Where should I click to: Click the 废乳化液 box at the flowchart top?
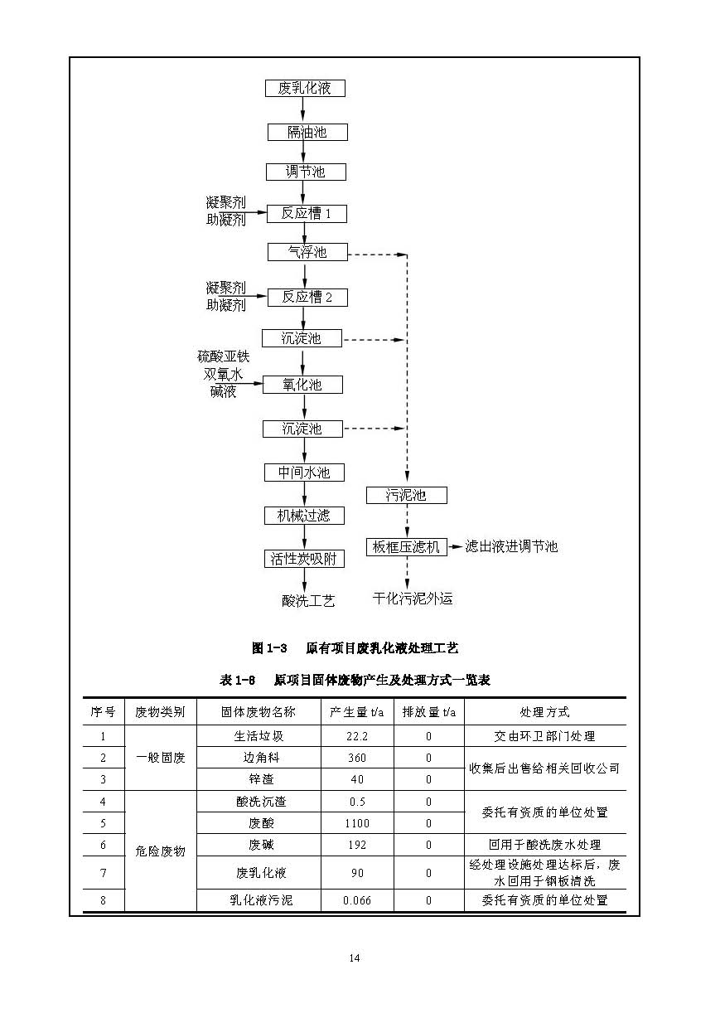click(304, 88)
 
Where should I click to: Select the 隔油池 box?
click(307, 132)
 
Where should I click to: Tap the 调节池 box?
click(305, 172)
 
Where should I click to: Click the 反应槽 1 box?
click(306, 213)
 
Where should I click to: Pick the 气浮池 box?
click(307, 252)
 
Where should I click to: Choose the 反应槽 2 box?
click(306, 297)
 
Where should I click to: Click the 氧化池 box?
click(302, 385)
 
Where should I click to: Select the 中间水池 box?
click(303, 473)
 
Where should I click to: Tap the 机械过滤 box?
click(303, 516)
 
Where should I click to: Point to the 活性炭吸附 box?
click(303, 559)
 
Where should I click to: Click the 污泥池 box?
click(406, 495)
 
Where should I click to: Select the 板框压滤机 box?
click(406, 547)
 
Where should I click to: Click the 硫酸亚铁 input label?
click(222, 356)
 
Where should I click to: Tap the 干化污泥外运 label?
click(413, 599)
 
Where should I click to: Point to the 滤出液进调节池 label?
click(511, 546)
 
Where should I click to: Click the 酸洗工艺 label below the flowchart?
click(308, 601)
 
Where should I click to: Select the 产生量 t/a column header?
click(356, 712)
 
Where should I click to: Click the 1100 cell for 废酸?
click(356, 823)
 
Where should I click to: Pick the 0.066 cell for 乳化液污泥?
click(356, 900)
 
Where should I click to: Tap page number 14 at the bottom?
click(354, 958)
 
